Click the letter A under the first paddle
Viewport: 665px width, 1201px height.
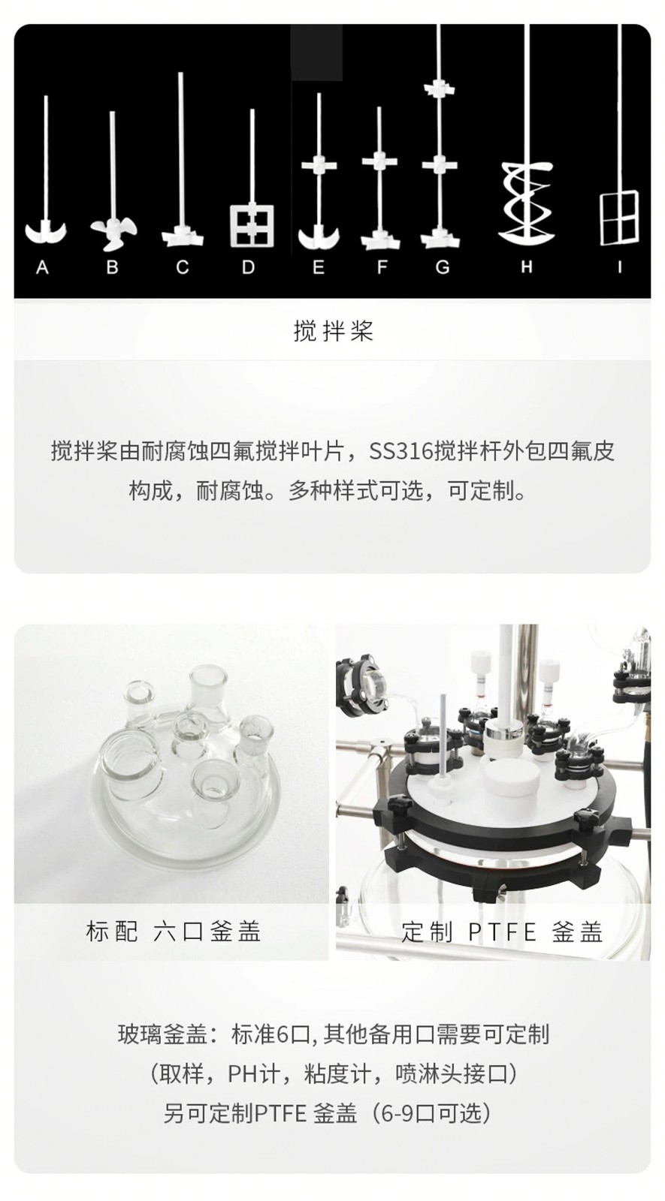point(42,266)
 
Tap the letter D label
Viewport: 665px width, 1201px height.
point(247,266)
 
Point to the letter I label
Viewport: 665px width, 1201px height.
point(619,266)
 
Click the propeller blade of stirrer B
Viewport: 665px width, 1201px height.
point(113,234)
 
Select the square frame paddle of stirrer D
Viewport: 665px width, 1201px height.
point(252,225)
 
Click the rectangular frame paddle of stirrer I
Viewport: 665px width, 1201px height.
point(619,218)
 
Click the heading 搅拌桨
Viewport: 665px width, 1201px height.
point(333,331)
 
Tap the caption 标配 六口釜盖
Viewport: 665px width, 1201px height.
point(173,932)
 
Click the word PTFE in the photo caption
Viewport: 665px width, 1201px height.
point(503,932)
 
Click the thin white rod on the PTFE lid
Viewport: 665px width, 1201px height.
point(443,740)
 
